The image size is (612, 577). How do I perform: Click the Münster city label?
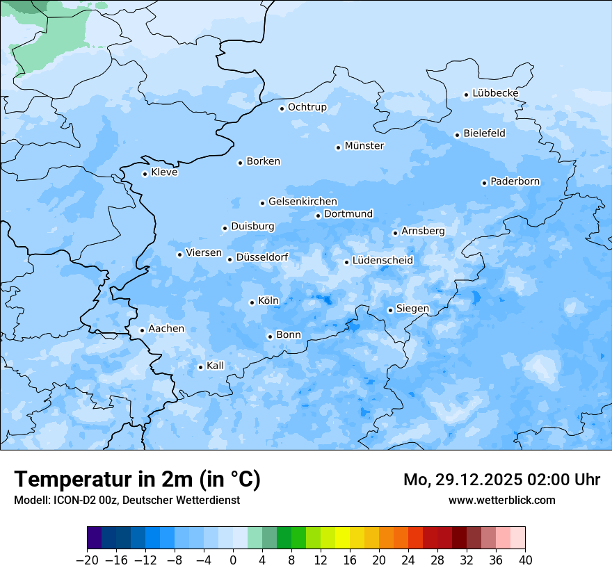[364, 146]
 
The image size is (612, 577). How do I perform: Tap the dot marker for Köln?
[252, 302]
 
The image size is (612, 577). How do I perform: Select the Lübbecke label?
[495, 93]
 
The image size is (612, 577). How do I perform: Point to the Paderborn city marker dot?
[484, 183]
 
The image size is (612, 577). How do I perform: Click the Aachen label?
[166, 329]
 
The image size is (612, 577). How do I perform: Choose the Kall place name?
[216, 366]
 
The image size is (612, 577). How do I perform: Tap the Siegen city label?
[412, 309]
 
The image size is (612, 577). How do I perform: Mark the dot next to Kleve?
[145, 174]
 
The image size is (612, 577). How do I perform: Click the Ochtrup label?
[307, 107]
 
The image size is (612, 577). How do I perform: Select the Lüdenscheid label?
[382, 261]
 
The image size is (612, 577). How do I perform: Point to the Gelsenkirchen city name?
[303, 202]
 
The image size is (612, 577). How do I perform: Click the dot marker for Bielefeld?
[457, 135]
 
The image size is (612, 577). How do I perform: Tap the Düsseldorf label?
[262, 257]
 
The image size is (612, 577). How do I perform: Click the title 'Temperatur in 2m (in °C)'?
[137, 480]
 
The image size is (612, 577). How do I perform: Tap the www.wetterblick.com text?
[501, 500]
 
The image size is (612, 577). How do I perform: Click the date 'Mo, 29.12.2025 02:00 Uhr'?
[501, 480]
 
